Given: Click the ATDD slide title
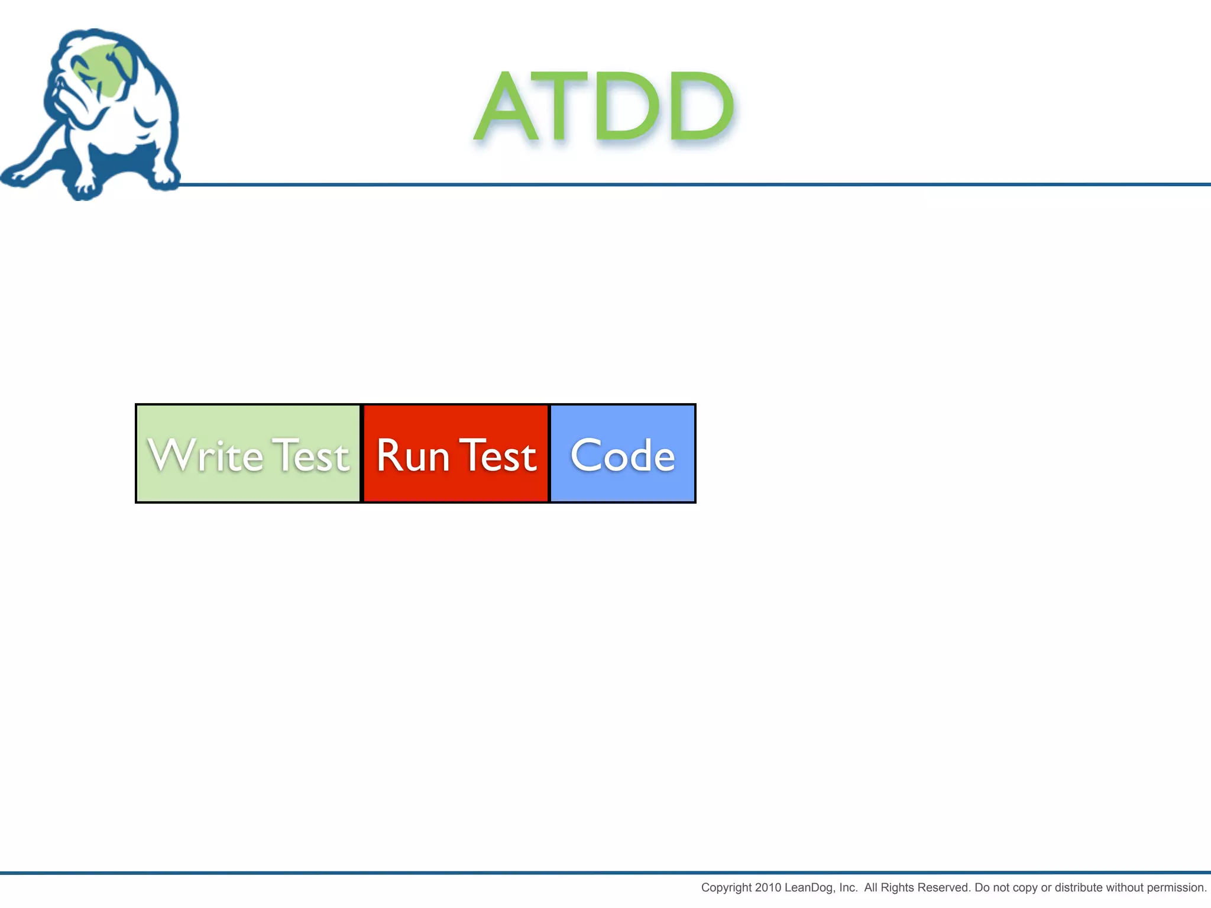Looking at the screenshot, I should click(x=604, y=106).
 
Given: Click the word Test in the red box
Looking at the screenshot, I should click(x=498, y=455).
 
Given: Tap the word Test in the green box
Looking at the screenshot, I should click(x=311, y=455).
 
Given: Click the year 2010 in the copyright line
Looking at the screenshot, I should click(x=768, y=887).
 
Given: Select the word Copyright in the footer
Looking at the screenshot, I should click(x=727, y=887).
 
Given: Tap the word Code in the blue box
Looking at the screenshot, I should click(x=623, y=455).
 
